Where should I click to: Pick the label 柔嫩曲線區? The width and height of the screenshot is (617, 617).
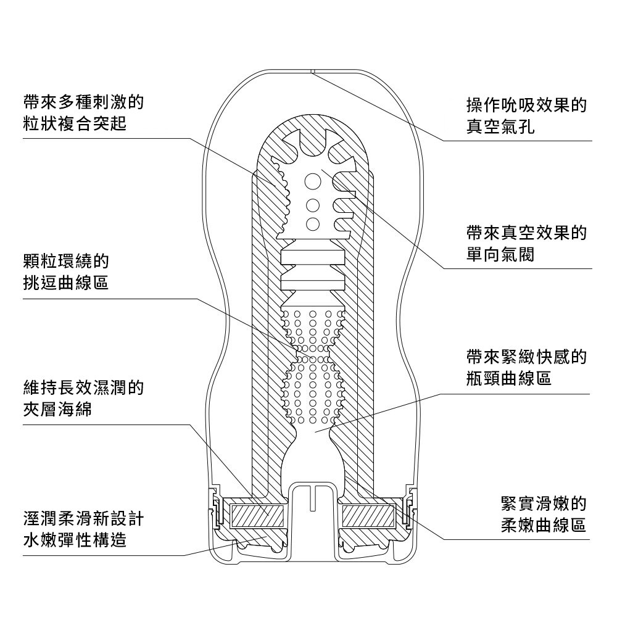coord(542,526)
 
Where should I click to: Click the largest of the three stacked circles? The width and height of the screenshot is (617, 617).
coord(313,182)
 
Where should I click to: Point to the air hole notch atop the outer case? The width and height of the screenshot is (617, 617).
coord(313,72)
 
